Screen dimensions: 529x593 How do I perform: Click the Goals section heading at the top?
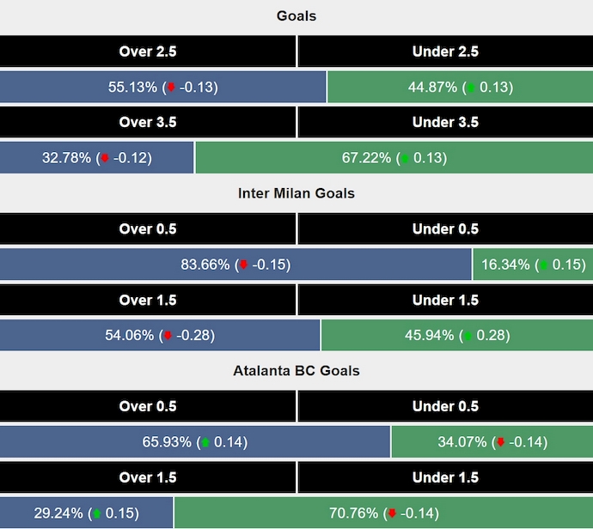(x=296, y=16)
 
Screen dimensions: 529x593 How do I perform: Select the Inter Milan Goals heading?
(x=296, y=193)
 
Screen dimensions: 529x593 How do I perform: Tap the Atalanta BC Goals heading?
(x=296, y=371)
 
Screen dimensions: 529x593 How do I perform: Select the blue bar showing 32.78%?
(x=97, y=158)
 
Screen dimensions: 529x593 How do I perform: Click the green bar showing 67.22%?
(x=394, y=158)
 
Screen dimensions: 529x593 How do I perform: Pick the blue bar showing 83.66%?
(x=235, y=264)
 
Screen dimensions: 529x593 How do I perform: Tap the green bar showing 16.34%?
(x=533, y=264)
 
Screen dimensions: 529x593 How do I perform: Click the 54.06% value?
(x=131, y=336)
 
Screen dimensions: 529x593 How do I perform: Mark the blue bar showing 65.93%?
(x=195, y=442)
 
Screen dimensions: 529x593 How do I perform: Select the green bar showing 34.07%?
(x=492, y=442)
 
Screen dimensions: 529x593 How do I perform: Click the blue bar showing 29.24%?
(x=86, y=514)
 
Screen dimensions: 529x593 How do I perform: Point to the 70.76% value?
(x=354, y=514)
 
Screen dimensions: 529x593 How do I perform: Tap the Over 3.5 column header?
(x=148, y=122)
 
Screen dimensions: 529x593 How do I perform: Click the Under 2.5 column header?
(x=445, y=52)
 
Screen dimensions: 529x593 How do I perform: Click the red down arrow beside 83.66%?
(x=243, y=264)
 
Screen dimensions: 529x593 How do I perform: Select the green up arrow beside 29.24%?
(x=97, y=514)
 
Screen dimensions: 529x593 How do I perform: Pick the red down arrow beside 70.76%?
(x=392, y=514)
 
